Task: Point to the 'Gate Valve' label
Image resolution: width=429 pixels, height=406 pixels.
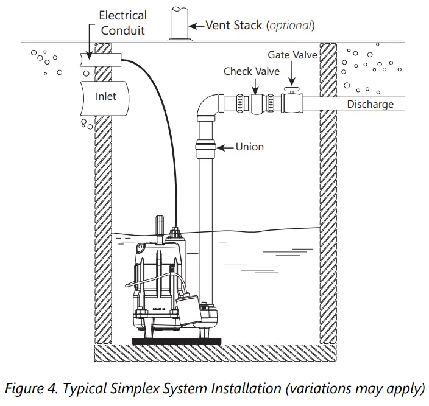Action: pyautogui.click(x=292, y=55)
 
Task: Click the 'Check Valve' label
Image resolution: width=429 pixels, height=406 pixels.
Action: pyautogui.click(x=252, y=71)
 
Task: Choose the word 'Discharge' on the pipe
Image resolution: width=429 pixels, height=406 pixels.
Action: pyautogui.click(x=370, y=104)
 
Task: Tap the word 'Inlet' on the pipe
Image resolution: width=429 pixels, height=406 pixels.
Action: pyautogui.click(x=105, y=97)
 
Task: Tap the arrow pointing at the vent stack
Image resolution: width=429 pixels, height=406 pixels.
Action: pyautogui.click(x=196, y=26)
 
